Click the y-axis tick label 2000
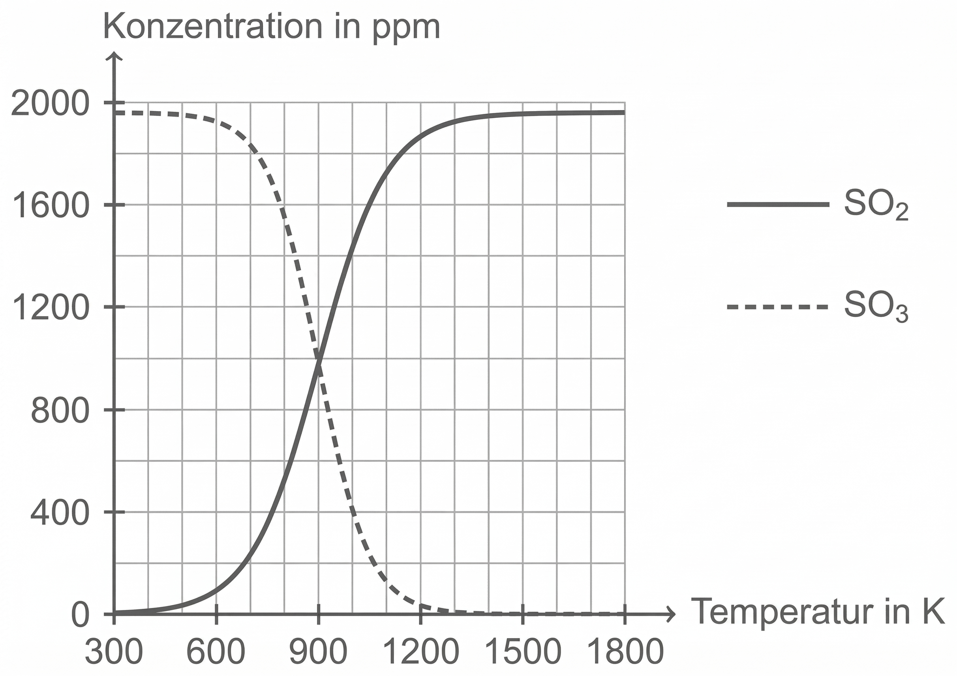click(x=50, y=104)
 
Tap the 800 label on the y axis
click(x=60, y=411)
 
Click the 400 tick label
click(x=60, y=513)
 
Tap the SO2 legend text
click(x=875, y=205)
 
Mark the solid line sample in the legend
click(x=778, y=204)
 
